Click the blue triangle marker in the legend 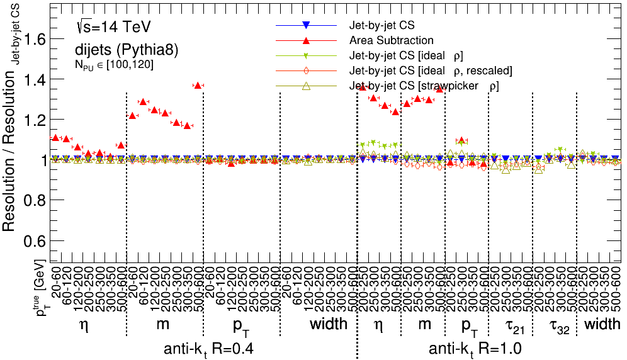click(x=305, y=26)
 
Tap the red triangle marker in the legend click(x=305, y=41)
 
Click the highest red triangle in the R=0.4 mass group click(x=198, y=86)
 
